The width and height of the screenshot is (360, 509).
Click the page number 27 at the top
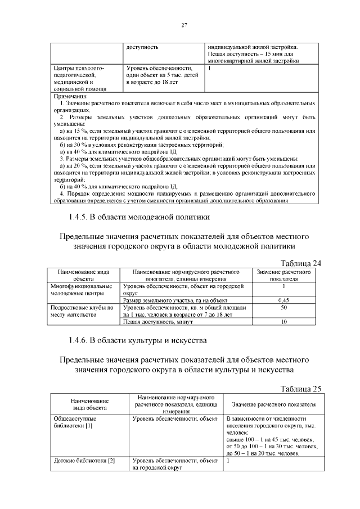point(184,25)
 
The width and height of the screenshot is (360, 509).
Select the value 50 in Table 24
point(283,308)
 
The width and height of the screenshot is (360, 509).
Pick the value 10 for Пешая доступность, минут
point(283,322)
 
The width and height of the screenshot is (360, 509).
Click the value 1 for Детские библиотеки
point(227,461)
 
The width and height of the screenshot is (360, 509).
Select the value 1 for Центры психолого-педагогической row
point(209,68)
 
